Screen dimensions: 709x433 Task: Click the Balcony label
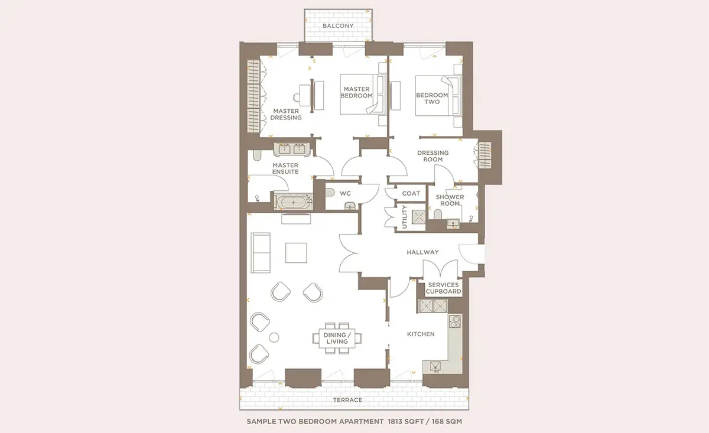tap(338, 25)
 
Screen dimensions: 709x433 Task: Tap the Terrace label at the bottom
tap(347, 400)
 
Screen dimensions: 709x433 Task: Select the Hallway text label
tap(422, 252)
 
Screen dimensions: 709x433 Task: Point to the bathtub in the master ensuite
tap(294, 202)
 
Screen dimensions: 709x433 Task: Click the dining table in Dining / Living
tap(337, 338)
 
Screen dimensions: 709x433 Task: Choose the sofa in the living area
tap(261, 253)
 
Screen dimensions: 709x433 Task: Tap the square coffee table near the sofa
tap(296, 253)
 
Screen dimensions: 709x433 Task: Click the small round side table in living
tap(274, 337)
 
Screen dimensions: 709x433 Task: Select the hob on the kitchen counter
tap(455, 321)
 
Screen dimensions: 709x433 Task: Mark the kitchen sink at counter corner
tap(435, 366)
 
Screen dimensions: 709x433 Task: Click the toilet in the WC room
tap(330, 192)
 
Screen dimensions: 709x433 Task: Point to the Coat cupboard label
tap(411, 193)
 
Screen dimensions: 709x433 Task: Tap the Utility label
tap(404, 217)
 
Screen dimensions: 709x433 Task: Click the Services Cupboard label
tap(443, 288)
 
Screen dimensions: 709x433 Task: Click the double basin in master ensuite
tap(292, 149)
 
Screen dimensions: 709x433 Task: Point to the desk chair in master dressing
tap(297, 98)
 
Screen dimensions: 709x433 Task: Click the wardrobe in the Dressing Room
tap(484, 155)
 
